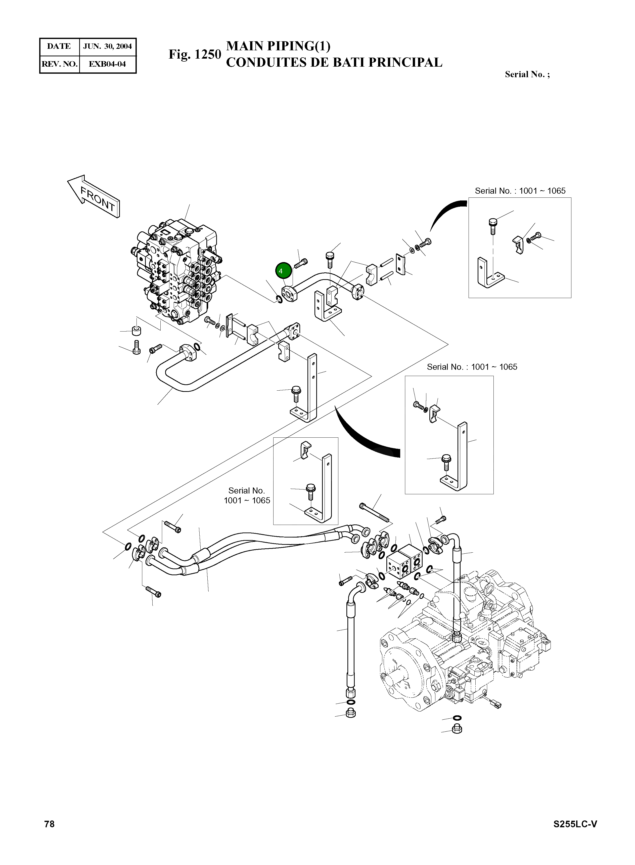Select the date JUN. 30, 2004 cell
(x=108, y=47)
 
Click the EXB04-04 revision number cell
(x=107, y=64)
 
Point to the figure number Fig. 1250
(x=195, y=54)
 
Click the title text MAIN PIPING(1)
(x=278, y=46)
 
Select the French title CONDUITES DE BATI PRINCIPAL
(x=334, y=63)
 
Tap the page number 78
(x=50, y=824)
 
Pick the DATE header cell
(x=59, y=47)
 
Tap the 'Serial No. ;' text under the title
(x=527, y=75)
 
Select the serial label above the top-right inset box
(x=520, y=191)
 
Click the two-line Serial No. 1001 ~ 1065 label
(x=247, y=496)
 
